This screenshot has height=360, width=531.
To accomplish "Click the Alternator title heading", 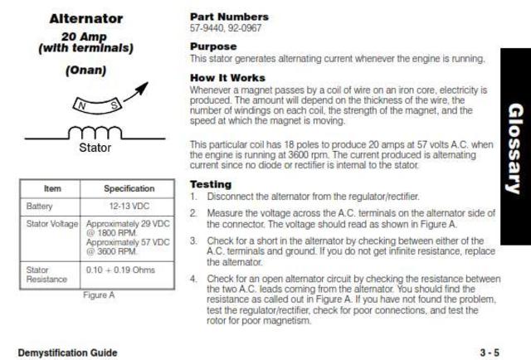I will (x=85, y=18).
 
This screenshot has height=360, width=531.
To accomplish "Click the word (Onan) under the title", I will (x=85, y=70).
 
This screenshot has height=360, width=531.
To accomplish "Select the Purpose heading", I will (x=213, y=46).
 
